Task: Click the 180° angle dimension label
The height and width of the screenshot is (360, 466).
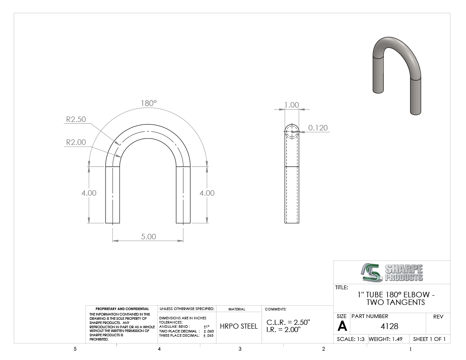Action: coord(149,103)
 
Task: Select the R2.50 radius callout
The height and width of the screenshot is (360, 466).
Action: coord(76,119)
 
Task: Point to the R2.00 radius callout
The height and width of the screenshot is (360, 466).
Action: coord(76,142)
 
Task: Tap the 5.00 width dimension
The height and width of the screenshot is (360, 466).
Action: coord(148,236)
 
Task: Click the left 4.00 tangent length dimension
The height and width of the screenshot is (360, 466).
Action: coord(89,193)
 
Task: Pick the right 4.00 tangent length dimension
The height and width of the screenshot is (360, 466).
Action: coord(207,193)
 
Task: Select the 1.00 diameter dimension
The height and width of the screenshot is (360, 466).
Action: coord(291,105)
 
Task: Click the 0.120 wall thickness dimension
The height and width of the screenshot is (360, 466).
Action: coord(318,128)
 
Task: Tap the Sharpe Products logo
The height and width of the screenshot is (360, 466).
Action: coord(392,272)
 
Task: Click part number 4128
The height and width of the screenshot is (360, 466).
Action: coord(389,326)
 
